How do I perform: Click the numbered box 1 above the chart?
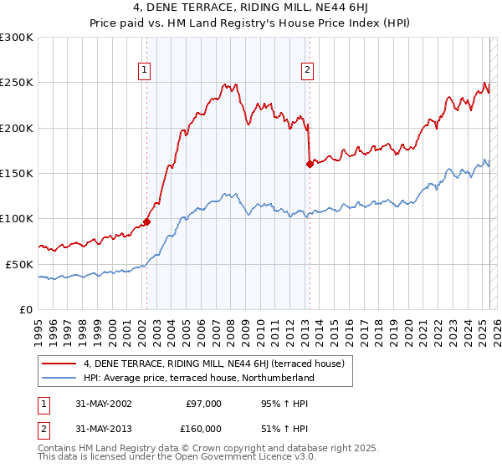pyautogui.click(x=146, y=70)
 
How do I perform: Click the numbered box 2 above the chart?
pyautogui.click(x=308, y=70)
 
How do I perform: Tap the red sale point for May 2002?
pyautogui.click(x=146, y=221)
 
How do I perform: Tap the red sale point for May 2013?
pyautogui.click(x=310, y=164)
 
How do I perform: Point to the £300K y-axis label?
pyautogui.click(x=17, y=38)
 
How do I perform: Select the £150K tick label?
pyautogui.click(x=17, y=173)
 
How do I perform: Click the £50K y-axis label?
pyautogui.click(x=19, y=264)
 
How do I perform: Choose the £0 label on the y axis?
pyautogui.click(x=26, y=309)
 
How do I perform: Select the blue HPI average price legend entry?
pyautogui.click(x=198, y=378)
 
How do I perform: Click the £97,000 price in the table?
pyautogui.click(x=203, y=403)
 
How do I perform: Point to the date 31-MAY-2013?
pyautogui.click(x=103, y=428)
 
